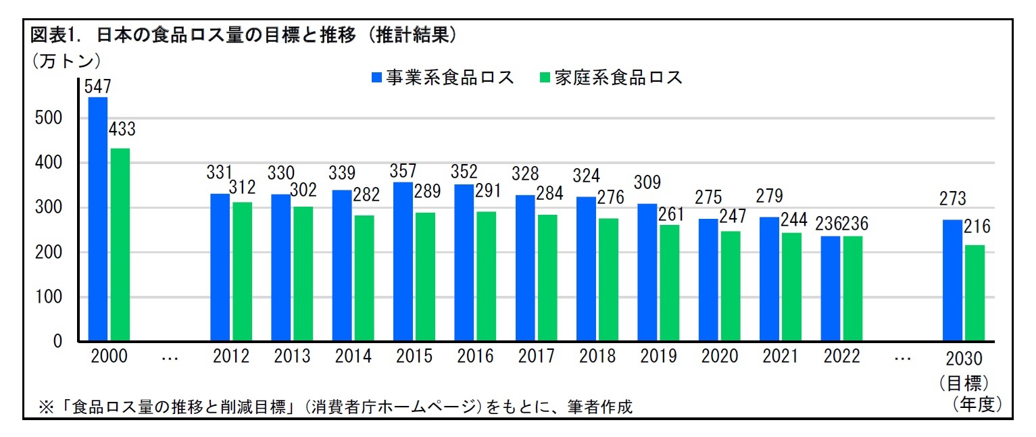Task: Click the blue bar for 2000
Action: click(x=97, y=220)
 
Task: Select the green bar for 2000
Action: click(x=120, y=245)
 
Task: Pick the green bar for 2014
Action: click(x=364, y=278)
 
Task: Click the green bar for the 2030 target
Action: click(x=974, y=293)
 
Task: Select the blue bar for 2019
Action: click(x=647, y=273)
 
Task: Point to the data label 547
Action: click(x=97, y=86)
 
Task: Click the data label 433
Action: click(x=122, y=129)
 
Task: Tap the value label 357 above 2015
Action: click(x=403, y=171)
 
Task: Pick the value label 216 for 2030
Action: click(x=977, y=227)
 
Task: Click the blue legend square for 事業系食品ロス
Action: click(x=376, y=78)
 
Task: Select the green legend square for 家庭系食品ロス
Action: click(x=545, y=78)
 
